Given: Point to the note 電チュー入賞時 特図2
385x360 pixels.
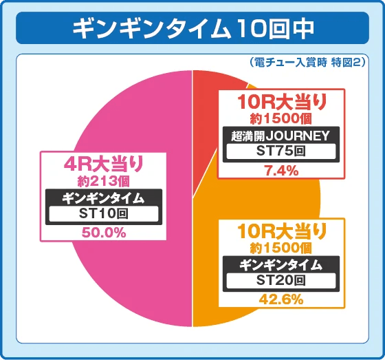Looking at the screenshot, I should (308, 62).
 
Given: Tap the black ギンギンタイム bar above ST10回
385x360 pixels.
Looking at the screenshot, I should (103, 198).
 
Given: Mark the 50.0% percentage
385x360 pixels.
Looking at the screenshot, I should (104, 233).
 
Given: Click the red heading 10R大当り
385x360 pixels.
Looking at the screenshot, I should (281, 103).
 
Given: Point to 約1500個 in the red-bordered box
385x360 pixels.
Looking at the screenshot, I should (281, 119).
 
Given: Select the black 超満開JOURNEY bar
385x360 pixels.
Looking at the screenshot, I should (281, 136).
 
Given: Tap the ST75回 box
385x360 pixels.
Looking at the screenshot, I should (281, 152).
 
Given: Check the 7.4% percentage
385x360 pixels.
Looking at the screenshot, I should (281, 171).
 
